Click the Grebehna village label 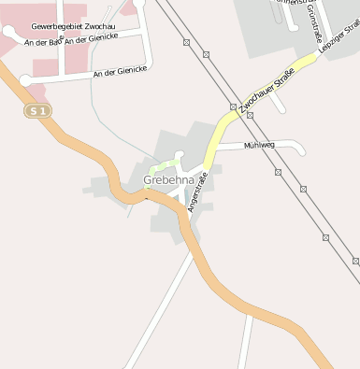coord(169,179)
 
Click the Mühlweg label coord(259,146)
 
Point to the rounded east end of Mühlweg coord(300,148)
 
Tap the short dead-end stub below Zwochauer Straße coord(279,103)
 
